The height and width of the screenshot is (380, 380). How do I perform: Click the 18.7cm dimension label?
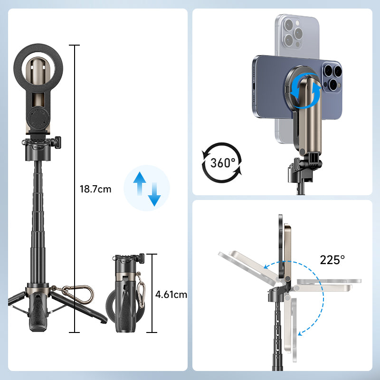pyautogui.click(x=95, y=189)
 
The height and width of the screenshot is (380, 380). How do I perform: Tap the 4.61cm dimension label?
pyautogui.click(x=171, y=294)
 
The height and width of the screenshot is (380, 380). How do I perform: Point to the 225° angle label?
pyautogui.click(x=332, y=260)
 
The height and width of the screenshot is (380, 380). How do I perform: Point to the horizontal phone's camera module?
pyautogui.click(x=331, y=77)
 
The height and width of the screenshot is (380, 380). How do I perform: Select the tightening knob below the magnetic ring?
pyautogui.click(x=57, y=141)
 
